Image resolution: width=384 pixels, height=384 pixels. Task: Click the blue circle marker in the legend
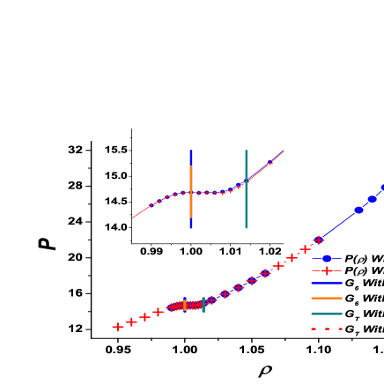click(327, 258)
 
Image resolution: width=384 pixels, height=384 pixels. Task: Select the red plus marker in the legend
click(327, 270)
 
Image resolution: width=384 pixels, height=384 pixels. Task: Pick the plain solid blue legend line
click(327, 284)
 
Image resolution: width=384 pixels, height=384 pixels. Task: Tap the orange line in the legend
click(327, 299)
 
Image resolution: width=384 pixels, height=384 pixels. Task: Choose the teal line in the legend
click(327, 314)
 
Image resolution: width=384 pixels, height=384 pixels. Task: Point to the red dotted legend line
click(327, 329)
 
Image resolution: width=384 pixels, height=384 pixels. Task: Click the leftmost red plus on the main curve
click(118, 327)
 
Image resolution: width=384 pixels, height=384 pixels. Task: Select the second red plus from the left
click(131, 322)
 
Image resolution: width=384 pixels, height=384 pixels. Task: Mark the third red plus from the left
click(144, 317)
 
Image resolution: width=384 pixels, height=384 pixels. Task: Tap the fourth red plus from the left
click(158, 312)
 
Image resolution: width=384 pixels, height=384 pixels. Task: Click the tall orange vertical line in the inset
click(191, 192)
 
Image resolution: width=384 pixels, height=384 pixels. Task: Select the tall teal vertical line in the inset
click(246, 189)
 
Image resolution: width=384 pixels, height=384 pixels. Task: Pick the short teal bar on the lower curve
click(203, 305)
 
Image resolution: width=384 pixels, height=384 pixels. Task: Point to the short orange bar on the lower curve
click(184, 306)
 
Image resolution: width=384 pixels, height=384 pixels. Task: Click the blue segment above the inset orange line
click(191, 157)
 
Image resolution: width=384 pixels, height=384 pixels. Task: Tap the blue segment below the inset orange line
click(191, 224)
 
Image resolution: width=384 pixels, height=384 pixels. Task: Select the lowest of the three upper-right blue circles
click(358, 210)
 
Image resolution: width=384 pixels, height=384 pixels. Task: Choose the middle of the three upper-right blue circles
click(373, 199)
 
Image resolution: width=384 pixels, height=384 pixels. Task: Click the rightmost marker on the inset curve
click(270, 162)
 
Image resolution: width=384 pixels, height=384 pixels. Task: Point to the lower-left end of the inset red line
click(133, 218)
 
